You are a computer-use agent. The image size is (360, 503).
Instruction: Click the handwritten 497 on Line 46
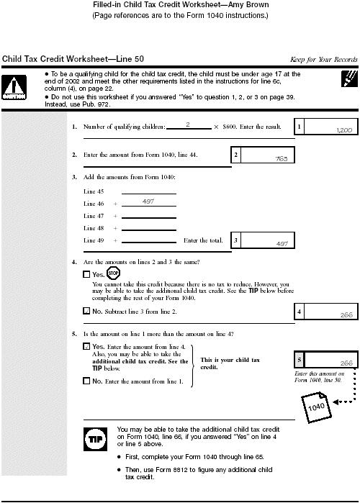point(148,202)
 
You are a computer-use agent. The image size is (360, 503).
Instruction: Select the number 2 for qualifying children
point(187,125)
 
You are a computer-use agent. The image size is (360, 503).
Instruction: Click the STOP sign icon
point(112,273)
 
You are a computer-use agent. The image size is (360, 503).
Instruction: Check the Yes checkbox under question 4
point(87,274)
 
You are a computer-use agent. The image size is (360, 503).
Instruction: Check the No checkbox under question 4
point(87,312)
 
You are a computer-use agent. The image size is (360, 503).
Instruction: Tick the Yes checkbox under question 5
point(87,346)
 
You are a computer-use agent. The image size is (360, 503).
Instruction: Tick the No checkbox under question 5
point(87,380)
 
